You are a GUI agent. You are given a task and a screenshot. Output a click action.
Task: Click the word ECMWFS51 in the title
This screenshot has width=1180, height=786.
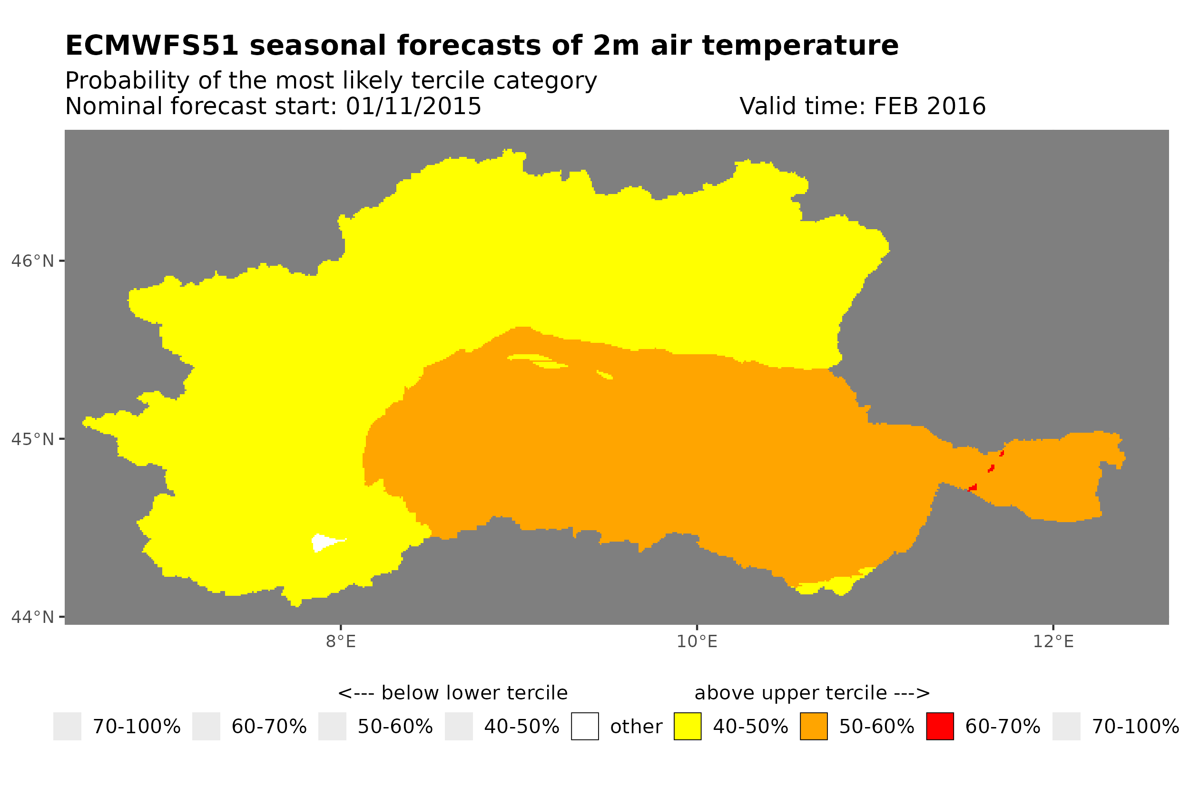point(151,46)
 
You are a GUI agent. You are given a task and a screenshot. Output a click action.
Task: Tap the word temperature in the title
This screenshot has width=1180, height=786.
point(799,46)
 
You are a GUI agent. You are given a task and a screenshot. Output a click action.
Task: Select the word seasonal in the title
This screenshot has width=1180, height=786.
point(319,46)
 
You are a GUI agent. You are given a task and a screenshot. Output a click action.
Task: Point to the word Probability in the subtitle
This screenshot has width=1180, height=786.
point(127,81)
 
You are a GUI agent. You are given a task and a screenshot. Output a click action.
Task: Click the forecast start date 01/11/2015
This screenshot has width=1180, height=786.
point(413,106)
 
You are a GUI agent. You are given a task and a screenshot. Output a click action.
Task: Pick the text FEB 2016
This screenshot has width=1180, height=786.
point(929,106)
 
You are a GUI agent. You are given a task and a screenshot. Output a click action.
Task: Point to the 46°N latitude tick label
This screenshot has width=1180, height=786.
point(32,261)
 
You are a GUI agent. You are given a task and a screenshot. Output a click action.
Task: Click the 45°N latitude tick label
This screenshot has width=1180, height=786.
point(32,439)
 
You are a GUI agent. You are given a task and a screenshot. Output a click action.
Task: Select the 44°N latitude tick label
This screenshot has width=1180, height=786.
point(32,617)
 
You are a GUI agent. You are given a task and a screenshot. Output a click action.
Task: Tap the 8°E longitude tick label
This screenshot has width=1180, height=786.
point(341,641)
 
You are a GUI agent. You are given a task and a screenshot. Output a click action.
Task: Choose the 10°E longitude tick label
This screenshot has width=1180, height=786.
point(697,641)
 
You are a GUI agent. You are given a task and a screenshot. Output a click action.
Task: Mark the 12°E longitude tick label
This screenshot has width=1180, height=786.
point(1053,641)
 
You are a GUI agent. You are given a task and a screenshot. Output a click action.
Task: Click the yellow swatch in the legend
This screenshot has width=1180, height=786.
point(687,727)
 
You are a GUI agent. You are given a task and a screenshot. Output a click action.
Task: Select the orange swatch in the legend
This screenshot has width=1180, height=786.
point(814,727)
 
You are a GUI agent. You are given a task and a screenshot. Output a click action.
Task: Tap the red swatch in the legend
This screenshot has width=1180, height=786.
point(940,727)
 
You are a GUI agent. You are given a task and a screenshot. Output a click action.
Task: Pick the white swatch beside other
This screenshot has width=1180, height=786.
point(585,727)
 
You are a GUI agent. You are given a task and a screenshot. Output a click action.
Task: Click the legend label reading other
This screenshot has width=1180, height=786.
point(636,727)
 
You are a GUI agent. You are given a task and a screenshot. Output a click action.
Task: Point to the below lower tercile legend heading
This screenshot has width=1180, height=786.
point(452,693)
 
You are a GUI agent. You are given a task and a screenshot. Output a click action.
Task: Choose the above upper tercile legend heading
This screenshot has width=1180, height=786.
point(812,693)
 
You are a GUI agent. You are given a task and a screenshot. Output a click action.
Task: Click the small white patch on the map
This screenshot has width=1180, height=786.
point(324,542)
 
